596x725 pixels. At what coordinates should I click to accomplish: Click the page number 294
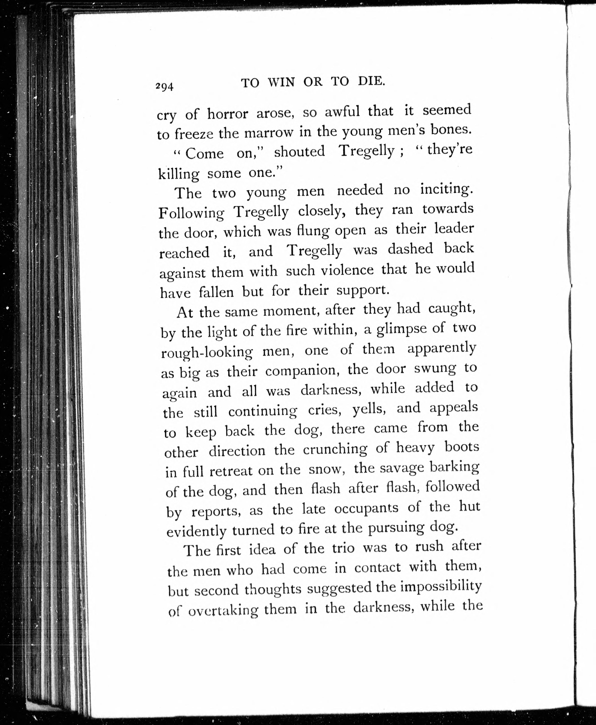point(165,87)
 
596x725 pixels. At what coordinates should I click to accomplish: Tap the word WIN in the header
point(281,83)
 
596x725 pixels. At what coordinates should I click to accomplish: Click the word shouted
point(299,151)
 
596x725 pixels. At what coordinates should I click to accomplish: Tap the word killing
point(178,174)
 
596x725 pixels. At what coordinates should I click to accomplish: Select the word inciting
point(446,189)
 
